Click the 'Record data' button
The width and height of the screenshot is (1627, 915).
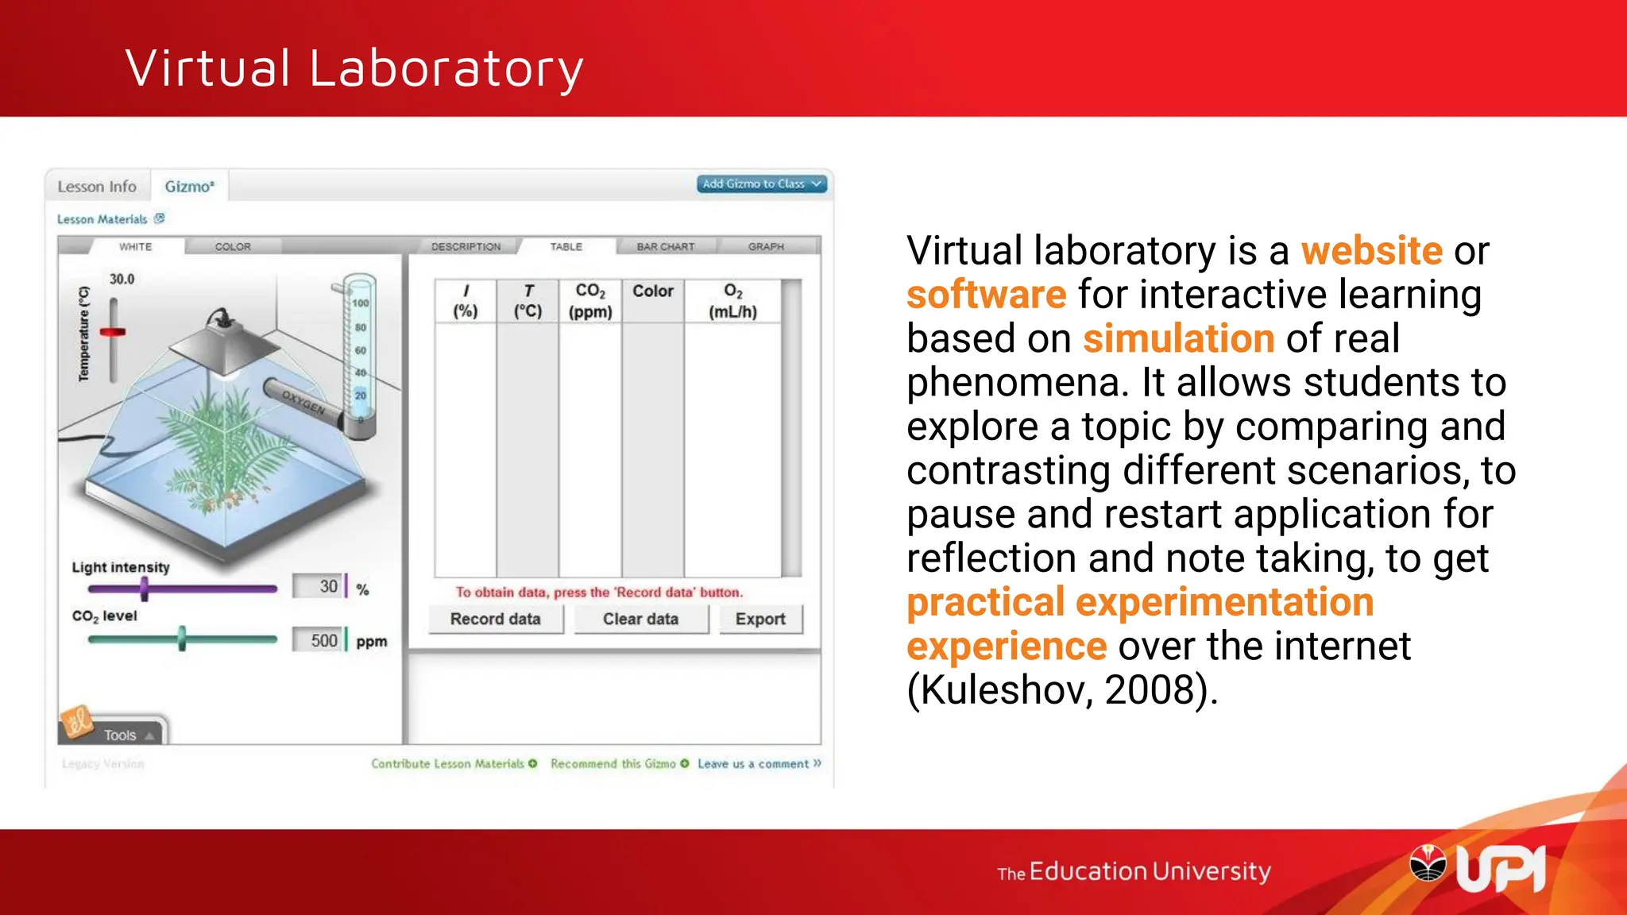[495, 620]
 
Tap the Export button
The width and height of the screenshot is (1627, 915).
[760, 620]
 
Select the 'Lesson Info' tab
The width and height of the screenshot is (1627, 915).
[97, 187]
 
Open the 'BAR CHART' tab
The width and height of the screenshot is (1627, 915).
[666, 247]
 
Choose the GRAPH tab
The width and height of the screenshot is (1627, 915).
[766, 247]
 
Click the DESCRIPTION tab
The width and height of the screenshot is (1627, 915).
[466, 247]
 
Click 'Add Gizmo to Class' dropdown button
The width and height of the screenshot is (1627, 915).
[762, 184]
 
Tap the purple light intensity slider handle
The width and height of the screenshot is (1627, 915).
[145, 589]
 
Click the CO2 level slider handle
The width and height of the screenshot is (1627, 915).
[182, 639]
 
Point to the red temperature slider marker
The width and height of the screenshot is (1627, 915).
[113, 332]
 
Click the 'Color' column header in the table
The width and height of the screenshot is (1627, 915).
[653, 292]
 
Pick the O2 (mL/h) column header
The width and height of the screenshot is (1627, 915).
[732, 301]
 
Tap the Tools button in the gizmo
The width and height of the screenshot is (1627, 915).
[120, 735]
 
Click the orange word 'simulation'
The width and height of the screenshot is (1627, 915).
[1179, 338]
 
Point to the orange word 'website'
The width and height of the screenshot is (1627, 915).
[1371, 251]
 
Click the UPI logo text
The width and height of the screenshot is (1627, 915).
[1500, 871]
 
